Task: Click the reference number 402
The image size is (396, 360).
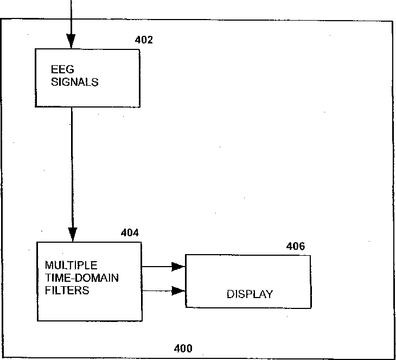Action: [144, 40]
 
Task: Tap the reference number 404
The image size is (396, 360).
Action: [130, 232]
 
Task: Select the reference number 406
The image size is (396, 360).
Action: [296, 246]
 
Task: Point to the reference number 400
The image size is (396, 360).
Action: [183, 349]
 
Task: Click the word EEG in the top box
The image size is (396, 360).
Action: [62, 70]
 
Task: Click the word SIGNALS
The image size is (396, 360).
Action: [75, 82]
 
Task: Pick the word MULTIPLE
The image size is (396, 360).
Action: [71, 266]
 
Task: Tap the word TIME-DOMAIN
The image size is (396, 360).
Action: [82, 278]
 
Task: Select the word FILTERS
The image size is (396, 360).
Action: [67, 290]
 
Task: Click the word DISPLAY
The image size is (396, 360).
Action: [250, 294]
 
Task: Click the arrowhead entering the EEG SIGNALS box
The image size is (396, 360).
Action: [71, 41]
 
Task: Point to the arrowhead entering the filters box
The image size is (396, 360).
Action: [73, 235]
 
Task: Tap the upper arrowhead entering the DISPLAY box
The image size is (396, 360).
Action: [178, 267]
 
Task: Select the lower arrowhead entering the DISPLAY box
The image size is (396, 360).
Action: [178, 290]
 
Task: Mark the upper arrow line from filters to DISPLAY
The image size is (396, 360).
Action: [164, 267]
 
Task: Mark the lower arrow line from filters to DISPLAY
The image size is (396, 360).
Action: [164, 290]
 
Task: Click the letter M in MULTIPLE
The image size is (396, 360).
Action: [49, 266]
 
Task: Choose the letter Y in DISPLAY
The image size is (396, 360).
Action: [269, 294]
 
